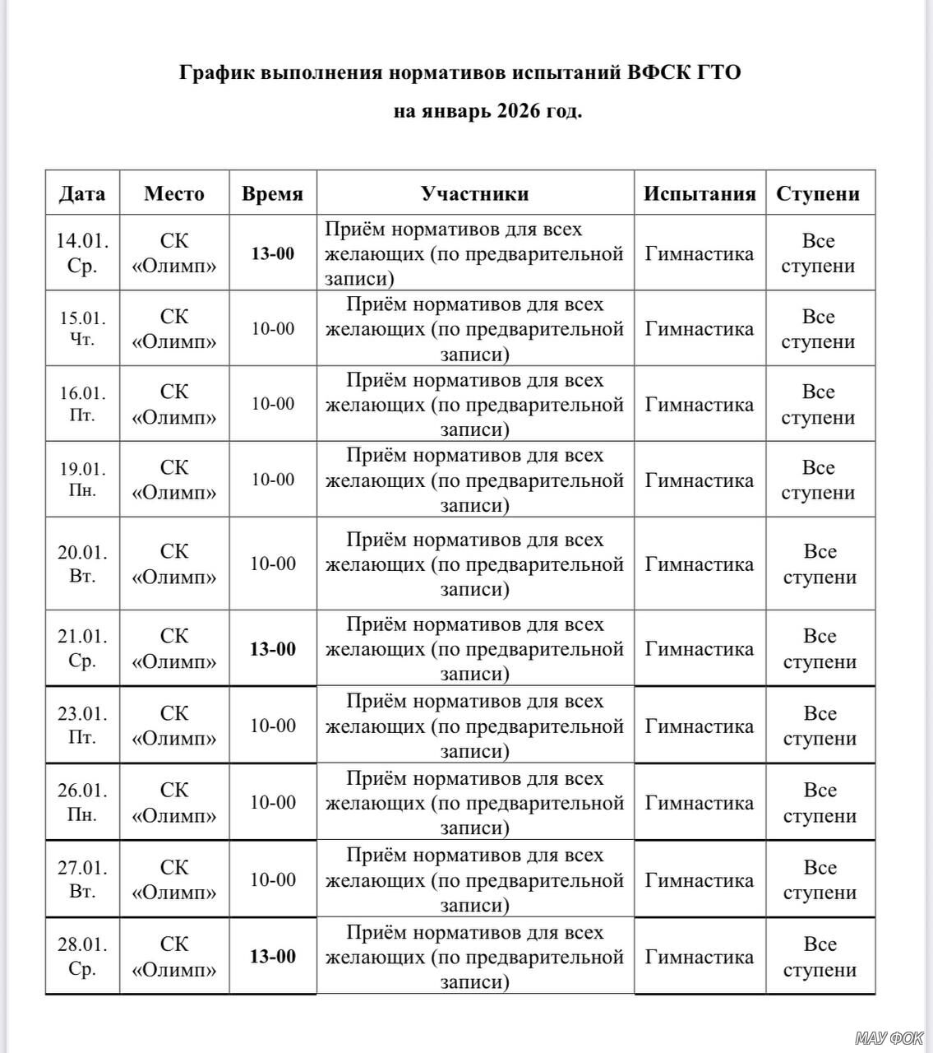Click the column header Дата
[82, 193]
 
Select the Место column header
[173, 193]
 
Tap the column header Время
[272, 193]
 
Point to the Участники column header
[474, 193]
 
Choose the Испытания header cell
[700, 193]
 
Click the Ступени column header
[818, 193]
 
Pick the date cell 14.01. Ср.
[82, 253]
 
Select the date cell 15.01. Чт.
[82, 328]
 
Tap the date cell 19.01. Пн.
[82, 480]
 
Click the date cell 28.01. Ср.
[82, 956]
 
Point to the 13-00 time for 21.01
[273, 649]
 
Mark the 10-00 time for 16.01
[273, 404]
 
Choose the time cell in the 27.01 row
[273, 880]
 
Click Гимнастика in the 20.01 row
[700, 564]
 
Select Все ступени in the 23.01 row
[820, 726]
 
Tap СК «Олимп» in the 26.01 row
[174, 802]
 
